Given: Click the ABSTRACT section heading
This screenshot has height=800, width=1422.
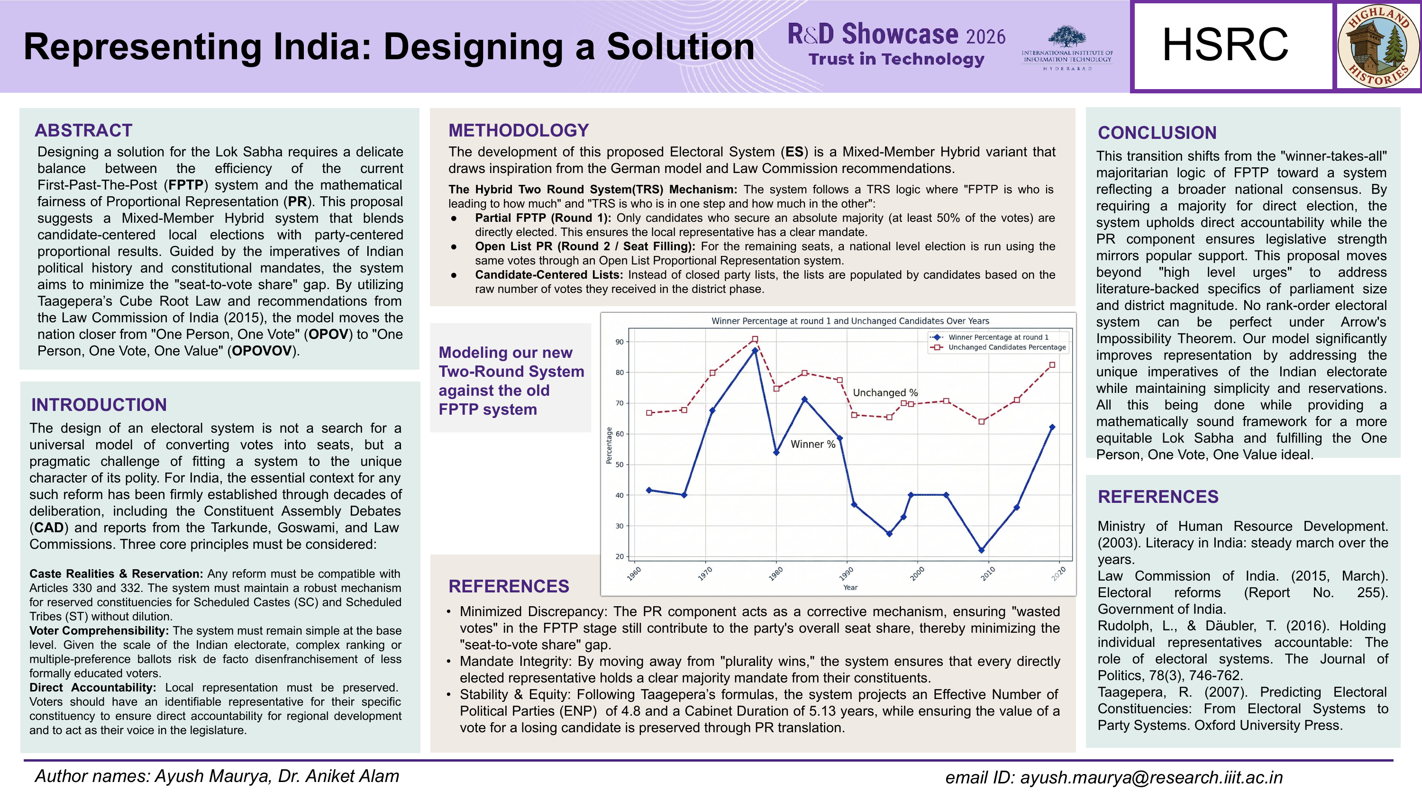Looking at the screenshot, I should [x=83, y=130].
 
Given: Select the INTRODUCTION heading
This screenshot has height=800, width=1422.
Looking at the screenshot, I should [x=99, y=405].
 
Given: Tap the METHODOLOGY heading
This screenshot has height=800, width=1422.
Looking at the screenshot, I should [x=519, y=130].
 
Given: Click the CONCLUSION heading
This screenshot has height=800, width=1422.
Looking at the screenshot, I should [x=1157, y=133].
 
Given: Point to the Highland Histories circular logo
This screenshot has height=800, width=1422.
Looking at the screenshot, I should [x=1378, y=46].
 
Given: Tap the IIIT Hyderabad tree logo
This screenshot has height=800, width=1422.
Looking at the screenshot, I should [x=1066, y=37].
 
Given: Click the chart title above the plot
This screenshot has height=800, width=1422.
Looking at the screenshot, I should [x=850, y=321].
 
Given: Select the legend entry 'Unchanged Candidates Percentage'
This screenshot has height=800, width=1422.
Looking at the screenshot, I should [x=1006, y=347].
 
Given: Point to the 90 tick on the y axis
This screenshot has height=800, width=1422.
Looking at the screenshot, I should [x=620, y=342].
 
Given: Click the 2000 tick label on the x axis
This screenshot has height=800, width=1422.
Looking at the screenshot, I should [x=917, y=573].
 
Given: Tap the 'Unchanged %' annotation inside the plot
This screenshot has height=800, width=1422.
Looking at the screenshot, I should [x=885, y=392].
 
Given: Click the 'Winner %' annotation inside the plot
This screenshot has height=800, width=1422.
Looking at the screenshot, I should [x=812, y=444].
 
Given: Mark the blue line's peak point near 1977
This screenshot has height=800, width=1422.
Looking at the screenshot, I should [x=755, y=351].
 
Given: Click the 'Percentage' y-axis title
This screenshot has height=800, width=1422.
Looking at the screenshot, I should [x=609, y=445].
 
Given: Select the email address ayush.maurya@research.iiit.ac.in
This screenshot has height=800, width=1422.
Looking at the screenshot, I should [x=1151, y=777].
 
